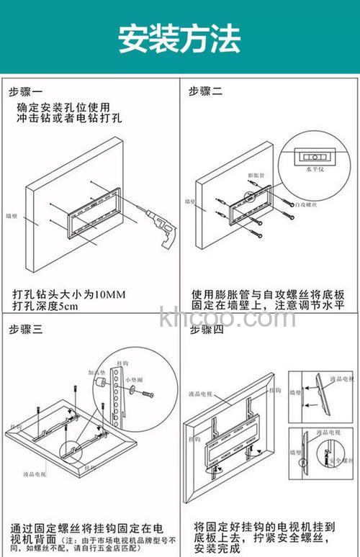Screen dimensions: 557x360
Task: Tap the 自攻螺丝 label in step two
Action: coord(305,204)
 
